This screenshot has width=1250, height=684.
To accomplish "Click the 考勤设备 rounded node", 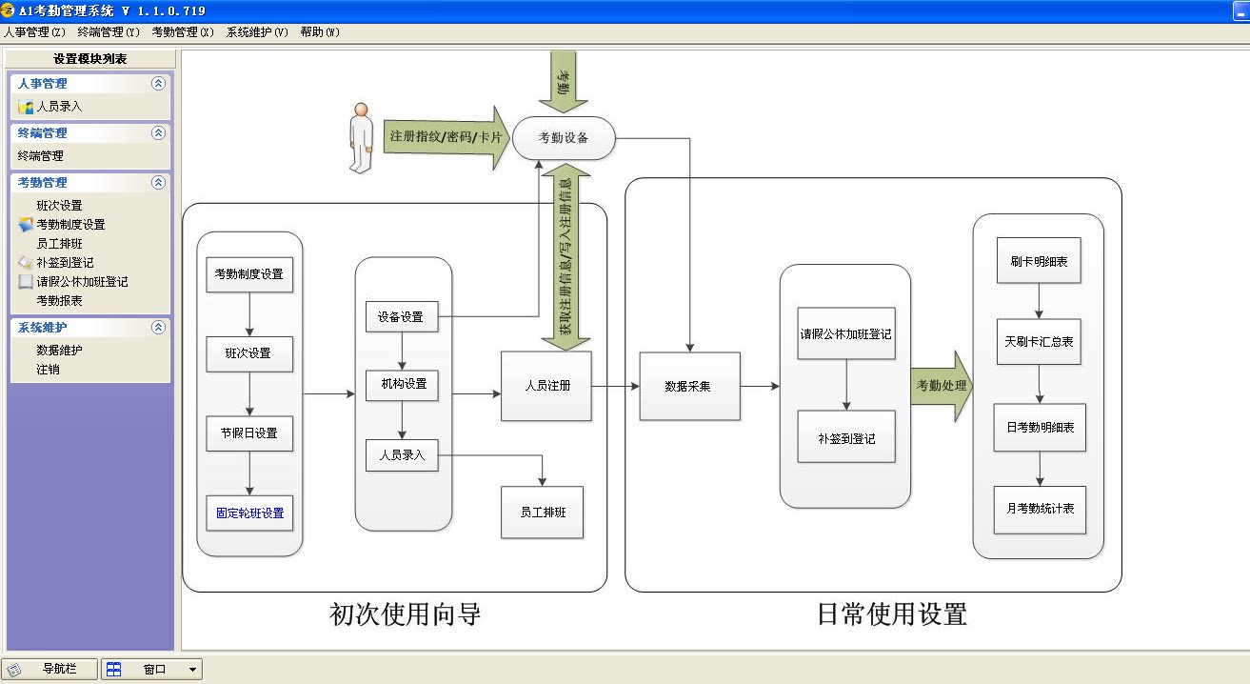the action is pos(564,138).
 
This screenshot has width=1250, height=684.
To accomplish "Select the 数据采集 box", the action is pos(689,386).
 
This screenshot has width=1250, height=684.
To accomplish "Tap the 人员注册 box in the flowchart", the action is pos(546,386).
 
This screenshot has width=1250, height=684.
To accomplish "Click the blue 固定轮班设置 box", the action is pos(249,513).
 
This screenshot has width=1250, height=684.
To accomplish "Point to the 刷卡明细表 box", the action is pos(1039,261).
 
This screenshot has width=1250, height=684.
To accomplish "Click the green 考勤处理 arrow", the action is pos(942,385).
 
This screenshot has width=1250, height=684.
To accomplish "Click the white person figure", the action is pos(361,138).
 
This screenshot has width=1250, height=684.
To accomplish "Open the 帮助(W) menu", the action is pos(320,32).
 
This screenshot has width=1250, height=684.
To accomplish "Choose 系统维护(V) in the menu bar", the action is pos(257,32).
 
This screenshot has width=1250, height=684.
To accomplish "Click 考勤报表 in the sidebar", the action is pos(59,300).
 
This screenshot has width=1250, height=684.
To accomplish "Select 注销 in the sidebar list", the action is pos(48,369).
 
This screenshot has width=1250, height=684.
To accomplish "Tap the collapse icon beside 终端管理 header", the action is pos(158,132).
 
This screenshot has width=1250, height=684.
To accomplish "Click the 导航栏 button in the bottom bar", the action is pos(50,669).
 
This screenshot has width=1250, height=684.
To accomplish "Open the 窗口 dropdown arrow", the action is pos(192,669).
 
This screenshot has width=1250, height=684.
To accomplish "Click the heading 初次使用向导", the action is pos(406,614).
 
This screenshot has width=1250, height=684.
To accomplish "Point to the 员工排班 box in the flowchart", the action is pos(543,512).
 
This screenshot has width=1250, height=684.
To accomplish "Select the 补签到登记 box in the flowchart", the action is pos(846,438).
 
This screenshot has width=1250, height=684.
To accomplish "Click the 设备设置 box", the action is pos(402,316).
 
